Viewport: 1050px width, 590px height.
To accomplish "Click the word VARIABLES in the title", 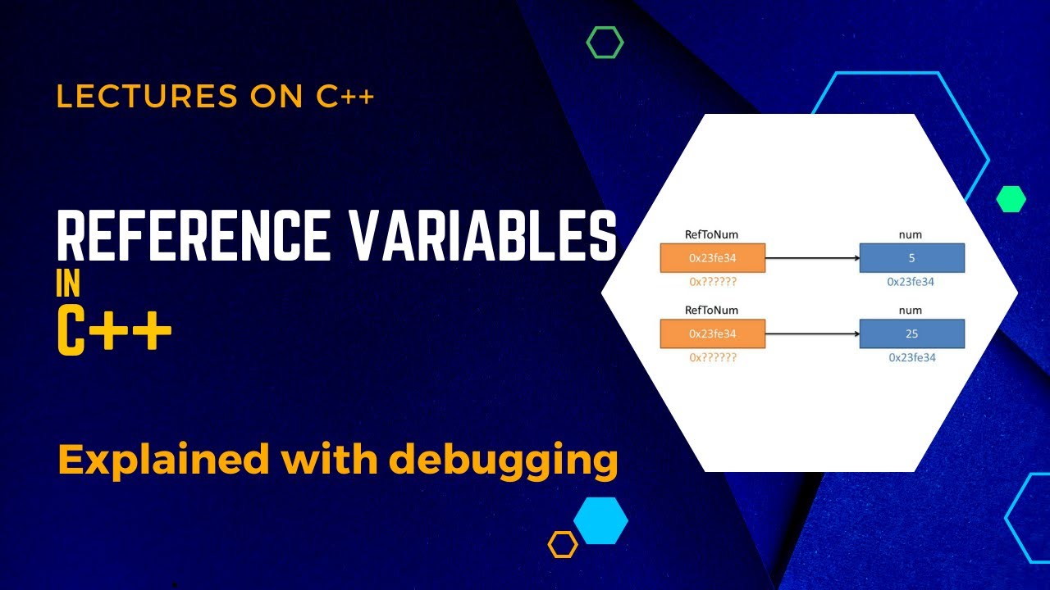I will click(484, 237).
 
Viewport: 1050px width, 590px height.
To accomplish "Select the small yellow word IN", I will click(68, 284).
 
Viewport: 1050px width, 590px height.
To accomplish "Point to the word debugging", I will click(503, 461).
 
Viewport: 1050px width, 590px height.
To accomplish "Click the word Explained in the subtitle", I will click(163, 461).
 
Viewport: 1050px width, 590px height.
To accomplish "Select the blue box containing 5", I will click(911, 258).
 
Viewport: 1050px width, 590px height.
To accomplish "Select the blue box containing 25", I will click(911, 334).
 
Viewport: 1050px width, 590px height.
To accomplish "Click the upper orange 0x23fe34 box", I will click(712, 258).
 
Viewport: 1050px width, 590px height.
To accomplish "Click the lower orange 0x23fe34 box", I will click(712, 334).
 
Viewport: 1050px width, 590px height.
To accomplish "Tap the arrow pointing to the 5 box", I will click(812, 258).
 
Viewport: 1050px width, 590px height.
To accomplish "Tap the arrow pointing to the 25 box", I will click(812, 334).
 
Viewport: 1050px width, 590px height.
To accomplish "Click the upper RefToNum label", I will click(711, 234).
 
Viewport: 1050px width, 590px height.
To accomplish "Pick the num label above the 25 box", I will click(911, 311).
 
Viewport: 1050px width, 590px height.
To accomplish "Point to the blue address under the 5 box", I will click(911, 281).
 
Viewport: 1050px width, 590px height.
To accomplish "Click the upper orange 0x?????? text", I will click(712, 281).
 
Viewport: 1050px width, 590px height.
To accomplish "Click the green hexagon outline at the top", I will click(605, 42).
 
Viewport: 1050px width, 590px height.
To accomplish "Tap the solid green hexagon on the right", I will click(1011, 198).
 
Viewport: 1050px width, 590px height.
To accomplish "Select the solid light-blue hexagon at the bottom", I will click(600, 520).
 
